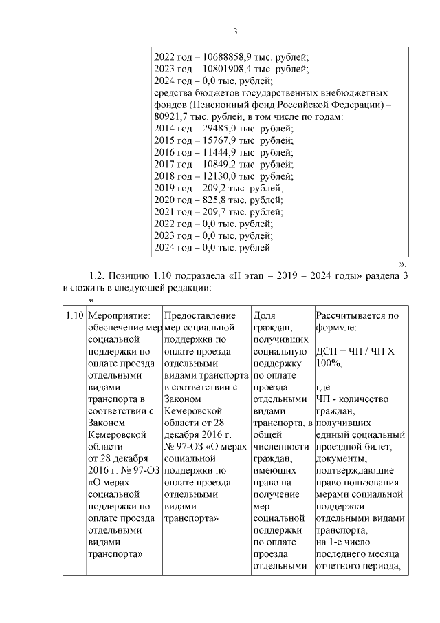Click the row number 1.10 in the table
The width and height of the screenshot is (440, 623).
(x=74, y=316)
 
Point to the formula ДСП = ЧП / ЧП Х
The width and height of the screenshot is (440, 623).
(x=353, y=352)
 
